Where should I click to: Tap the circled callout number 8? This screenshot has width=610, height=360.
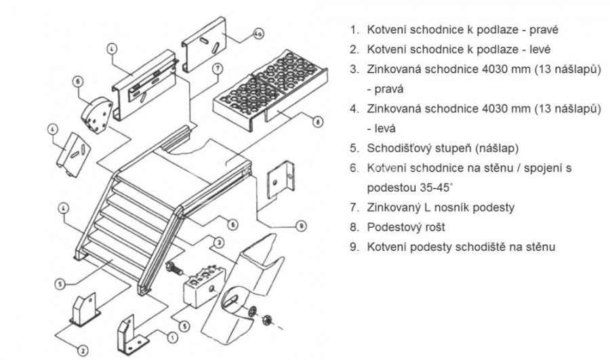pos(317,122)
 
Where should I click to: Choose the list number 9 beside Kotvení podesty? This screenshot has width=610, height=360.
pos(353,247)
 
